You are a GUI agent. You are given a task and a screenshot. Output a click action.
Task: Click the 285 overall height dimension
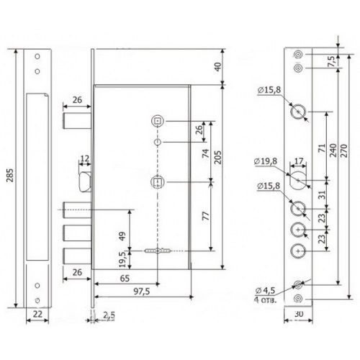tap(10, 175)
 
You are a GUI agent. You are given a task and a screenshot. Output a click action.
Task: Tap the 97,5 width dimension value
tap(142, 291)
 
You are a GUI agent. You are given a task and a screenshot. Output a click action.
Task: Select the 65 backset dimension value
tap(125, 279)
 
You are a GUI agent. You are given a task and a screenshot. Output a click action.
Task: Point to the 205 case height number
tap(217, 157)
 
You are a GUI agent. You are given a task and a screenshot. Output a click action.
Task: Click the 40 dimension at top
tap(217, 67)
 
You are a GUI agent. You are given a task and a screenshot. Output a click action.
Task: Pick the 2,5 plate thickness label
tap(109, 316)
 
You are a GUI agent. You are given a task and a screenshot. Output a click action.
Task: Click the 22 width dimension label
tap(37, 314)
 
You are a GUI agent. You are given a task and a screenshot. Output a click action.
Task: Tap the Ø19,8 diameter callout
tap(266, 161)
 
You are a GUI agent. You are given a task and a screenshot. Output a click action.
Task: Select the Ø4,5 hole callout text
tap(265, 291)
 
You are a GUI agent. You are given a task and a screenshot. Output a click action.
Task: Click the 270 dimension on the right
tap(343, 150)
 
